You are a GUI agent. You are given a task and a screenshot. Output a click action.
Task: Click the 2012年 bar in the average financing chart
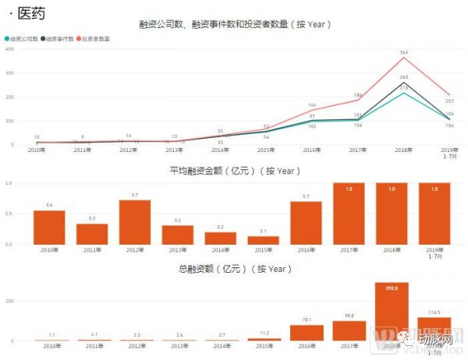click(135, 222)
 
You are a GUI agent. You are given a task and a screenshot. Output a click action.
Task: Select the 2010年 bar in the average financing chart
click(49, 227)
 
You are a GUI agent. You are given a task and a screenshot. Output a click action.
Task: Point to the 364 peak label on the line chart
click(404, 52)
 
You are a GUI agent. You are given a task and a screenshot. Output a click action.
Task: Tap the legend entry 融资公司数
click(23, 38)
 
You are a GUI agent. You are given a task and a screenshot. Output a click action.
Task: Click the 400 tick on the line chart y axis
click(9, 50)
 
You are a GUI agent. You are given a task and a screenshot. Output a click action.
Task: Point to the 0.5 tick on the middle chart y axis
click(9, 214)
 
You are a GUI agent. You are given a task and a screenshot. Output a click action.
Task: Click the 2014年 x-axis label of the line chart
click(221, 150)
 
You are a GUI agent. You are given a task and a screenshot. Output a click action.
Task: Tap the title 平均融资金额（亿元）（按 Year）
click(234, 171)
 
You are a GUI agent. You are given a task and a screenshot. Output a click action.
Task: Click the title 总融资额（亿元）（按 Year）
click(234, 269)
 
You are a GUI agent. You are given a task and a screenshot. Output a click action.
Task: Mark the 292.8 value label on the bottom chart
click(392, 288)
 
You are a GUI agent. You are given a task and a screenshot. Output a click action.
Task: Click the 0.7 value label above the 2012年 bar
click(135, 195)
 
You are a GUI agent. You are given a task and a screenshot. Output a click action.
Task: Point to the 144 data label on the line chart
click(311, 105)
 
